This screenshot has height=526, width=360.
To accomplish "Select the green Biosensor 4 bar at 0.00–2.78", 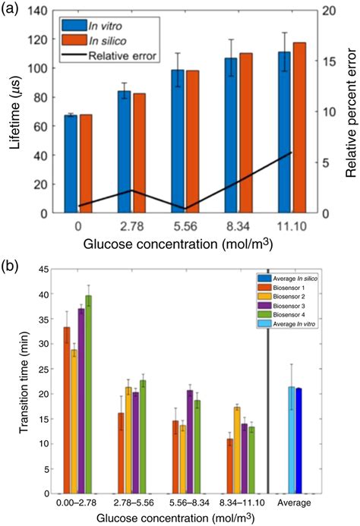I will pyautogui.click(x=88, y=395).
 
